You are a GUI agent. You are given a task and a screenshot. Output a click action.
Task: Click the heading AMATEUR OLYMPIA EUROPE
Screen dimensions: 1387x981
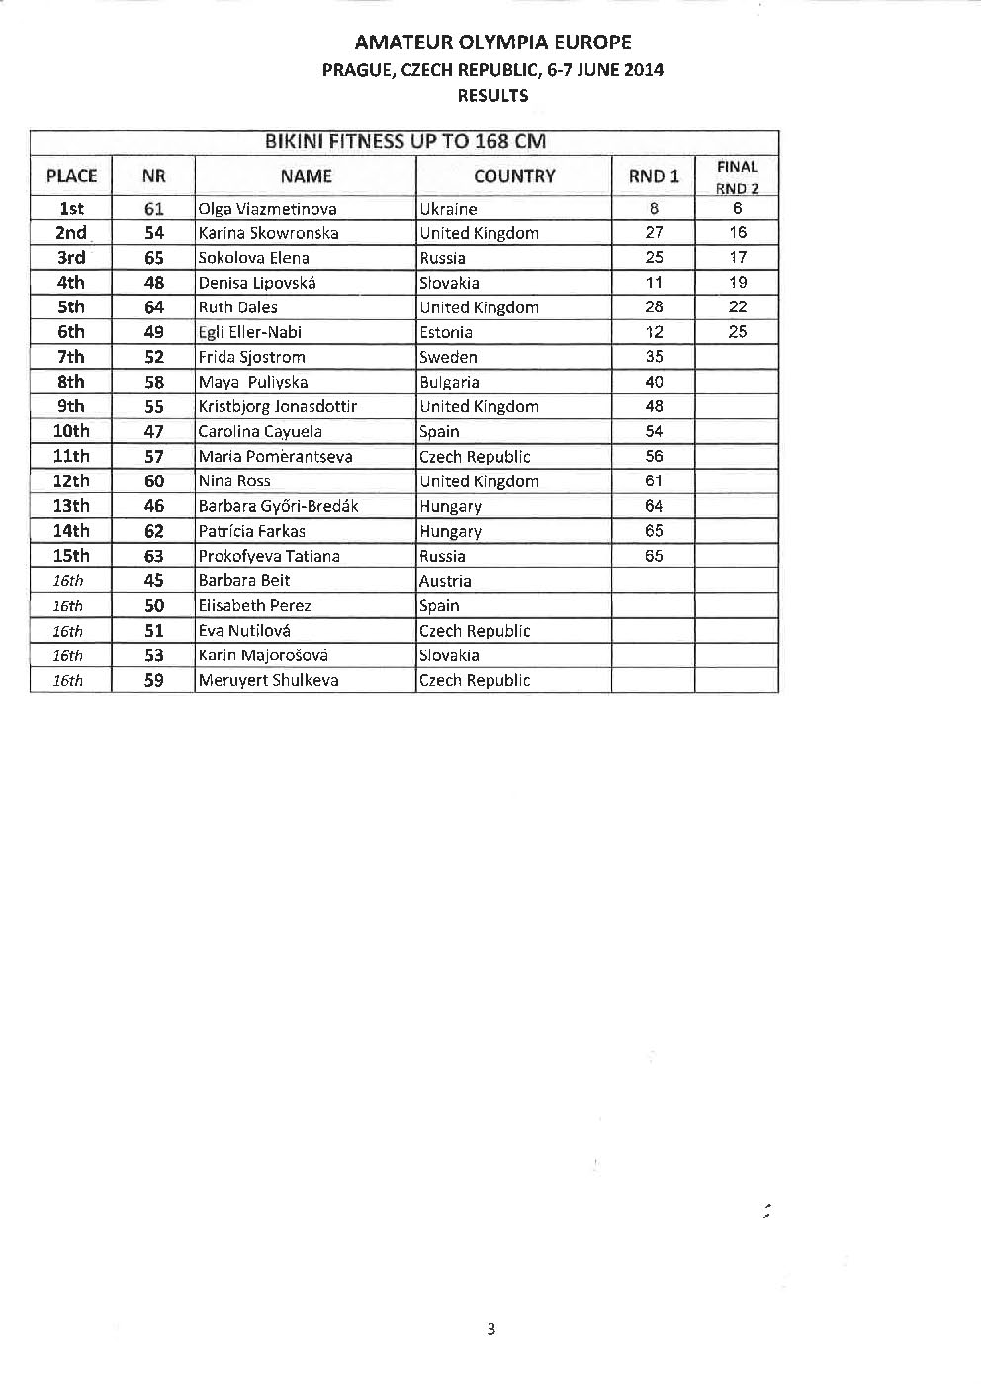[492, 43]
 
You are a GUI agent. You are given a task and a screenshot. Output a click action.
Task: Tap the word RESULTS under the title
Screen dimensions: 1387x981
[492, 96]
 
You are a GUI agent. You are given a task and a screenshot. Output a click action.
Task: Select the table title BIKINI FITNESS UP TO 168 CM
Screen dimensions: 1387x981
[404, 141]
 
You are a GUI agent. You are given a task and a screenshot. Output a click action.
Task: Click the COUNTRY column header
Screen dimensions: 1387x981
[514, 176]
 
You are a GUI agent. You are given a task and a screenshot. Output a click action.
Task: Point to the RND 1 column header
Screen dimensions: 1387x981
[654, 176]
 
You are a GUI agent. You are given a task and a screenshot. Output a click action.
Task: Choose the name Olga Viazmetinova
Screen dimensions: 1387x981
[267, 209]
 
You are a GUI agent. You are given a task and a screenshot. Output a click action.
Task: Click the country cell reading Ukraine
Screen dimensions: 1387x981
[448, 209]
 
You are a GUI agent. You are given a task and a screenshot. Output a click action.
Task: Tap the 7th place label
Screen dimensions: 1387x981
[71, 357]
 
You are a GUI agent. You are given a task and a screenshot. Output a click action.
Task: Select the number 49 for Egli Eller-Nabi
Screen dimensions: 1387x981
[153, 332]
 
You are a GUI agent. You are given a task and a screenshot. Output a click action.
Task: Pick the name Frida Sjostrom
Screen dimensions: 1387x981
[251, 357]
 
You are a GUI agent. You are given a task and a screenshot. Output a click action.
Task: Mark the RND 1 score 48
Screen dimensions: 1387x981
[654, 406]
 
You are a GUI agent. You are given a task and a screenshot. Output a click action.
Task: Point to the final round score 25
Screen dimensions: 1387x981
[738, 332]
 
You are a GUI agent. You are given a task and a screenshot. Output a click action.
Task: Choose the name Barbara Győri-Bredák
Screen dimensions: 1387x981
[278, 506]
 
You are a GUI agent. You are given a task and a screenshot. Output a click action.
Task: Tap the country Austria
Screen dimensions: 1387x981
[445, 581]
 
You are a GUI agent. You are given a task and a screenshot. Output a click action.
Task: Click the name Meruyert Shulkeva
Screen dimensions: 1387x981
[268, 680]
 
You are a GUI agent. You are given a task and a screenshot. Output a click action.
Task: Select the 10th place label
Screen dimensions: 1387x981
[71, 431]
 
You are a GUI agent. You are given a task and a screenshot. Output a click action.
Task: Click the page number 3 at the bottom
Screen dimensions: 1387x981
[491, 1329]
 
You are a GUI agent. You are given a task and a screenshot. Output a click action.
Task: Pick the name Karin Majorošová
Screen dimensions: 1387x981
[263, 655]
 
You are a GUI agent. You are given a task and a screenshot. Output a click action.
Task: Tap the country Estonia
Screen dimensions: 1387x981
[446, 332]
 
